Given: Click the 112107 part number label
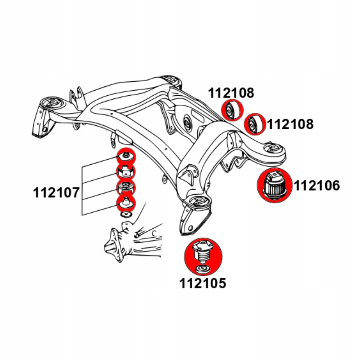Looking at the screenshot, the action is point(56,193).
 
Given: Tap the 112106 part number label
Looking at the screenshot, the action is point(317,185).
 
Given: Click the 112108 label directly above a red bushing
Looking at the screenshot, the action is point(231,93).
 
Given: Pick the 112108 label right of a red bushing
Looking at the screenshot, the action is point(290,124).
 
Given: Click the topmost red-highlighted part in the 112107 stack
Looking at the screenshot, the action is point(126,157).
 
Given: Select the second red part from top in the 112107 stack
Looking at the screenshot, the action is point(126,172).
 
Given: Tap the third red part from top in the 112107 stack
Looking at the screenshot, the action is point(126,188).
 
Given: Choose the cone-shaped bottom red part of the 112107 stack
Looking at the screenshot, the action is point(126,203).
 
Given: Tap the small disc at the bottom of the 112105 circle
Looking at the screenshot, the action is point(203,270).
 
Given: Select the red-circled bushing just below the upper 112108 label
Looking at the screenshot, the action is point(232,110).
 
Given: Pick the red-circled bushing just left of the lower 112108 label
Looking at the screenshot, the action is point(255,124).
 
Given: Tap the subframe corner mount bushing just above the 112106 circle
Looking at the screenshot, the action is point(273,148).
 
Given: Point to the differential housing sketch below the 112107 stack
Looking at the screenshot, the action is point(133,241).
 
